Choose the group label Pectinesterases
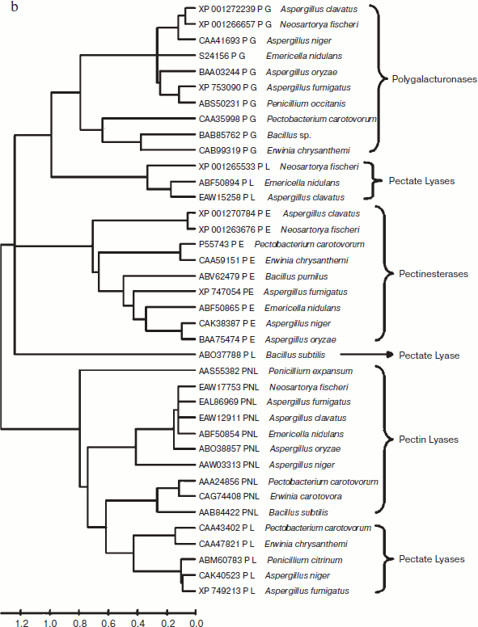pos(434,274)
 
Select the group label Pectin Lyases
pos(429,440)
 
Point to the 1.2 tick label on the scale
pos(21,622)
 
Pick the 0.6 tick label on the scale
pos(108,622)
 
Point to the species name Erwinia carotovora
pos(298,496)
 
